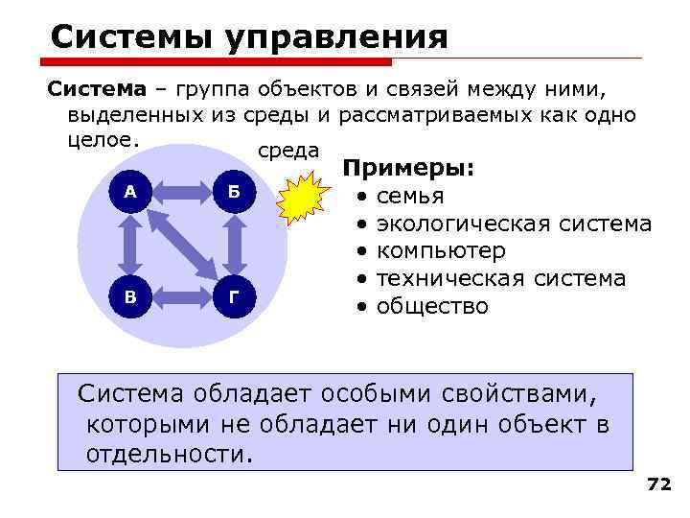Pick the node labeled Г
tap(236, 296)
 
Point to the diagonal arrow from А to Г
tap(183, 244)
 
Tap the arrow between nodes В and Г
tap(182, 296)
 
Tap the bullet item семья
tap(410, 198)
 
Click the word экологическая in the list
tap(459, 224)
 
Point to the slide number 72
tap(659, 484)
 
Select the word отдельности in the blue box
tap(169, 453)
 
